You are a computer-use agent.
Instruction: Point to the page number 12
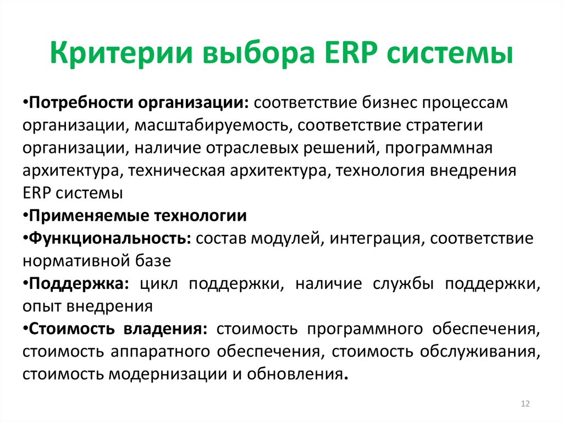(525, 404)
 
